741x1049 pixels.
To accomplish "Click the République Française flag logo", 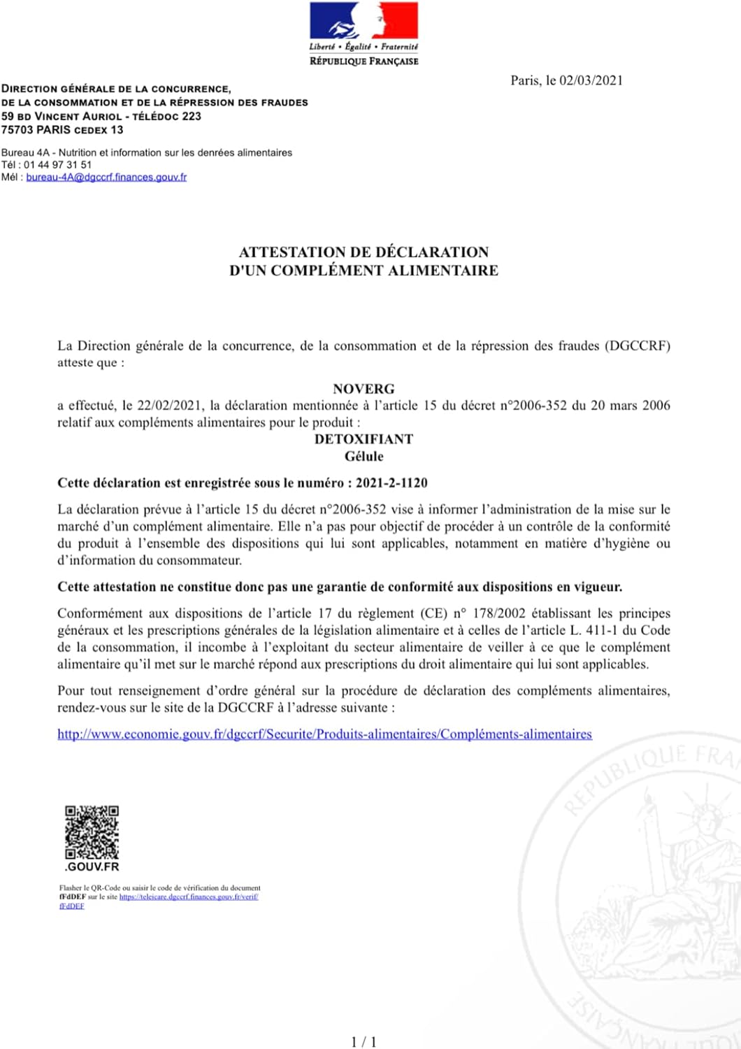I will (x=364, y=21).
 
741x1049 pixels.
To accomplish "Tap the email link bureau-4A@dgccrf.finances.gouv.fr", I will (x=106, y=178).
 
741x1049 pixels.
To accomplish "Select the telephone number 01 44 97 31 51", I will (x=57, y=165).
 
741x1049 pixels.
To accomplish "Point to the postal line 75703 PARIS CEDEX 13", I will (x=62, y=130).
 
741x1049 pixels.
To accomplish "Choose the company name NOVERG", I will (x=364, y=389).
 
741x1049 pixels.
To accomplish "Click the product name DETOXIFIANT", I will (x=364, y=439).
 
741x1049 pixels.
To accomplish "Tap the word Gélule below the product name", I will (x=364, y=457).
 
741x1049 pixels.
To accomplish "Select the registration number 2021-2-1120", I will (x=391, y=483).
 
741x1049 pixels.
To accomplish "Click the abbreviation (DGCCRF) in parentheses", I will (x=638, y=346).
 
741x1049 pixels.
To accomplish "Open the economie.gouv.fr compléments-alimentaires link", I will (x=324, y=734).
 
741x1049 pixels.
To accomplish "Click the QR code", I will (x=92, y=832).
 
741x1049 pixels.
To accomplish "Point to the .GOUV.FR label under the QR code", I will (x=92, y=867).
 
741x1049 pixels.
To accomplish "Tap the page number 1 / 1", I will (x=364, y=1042).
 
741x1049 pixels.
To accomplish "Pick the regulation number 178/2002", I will (x=499, y=614).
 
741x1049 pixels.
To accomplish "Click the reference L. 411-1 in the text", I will (x=593, y=631).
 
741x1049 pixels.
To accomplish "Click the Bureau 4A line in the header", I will (x=147, y=152).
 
